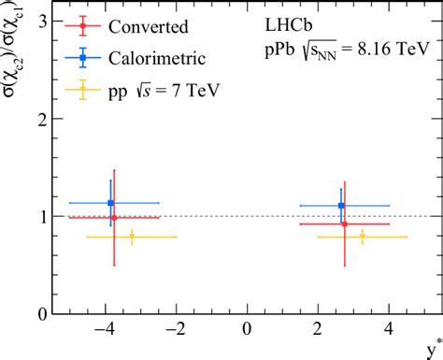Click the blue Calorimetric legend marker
[x=83, y=59]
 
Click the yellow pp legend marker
[x=83, y=91]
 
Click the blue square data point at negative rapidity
[x=111, y=203]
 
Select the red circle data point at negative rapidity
[x=114, y=218]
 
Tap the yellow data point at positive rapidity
[x=363, y=237]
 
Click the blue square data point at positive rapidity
[x=341, y=206]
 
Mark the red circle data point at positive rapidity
[x=345, y=224]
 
